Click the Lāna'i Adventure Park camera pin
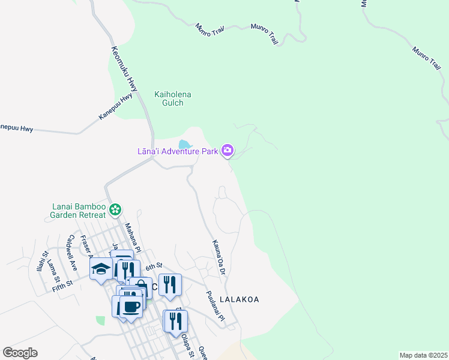pos(228,150)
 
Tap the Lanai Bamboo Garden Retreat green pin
pos(116,210)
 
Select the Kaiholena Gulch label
pos(169,98)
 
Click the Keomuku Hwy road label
pos(120,69)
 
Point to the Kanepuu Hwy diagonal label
pos(115,106)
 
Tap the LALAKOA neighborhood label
pos(240,299)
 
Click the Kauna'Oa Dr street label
pos(217,257)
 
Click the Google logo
pos(20,353)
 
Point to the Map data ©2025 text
pos(423,355)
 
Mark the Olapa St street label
pos(187,345)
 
